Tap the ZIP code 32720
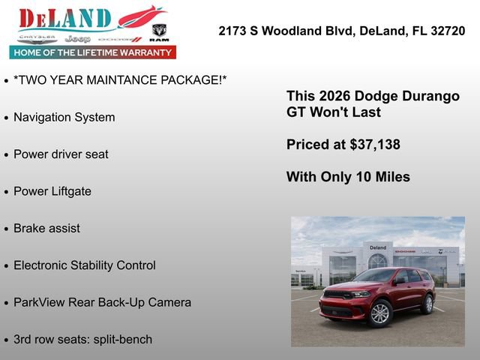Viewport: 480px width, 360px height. pyautogui.click(x=444, y=31)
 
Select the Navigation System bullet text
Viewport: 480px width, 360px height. pyautogui.click(x=64, y=118)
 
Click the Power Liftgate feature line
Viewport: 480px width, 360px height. pyautogui.click(x=52, y=191)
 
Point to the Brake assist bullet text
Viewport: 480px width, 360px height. pyautogui.click(x=46, y=228)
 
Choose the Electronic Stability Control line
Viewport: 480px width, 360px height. pyautogui.click(x=85, y=265)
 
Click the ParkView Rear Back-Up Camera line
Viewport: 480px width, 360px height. pyautogui.click(x=102, y=302)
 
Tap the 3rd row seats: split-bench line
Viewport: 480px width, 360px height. pyautogui.click(x=82, y=339)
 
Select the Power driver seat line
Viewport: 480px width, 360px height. pyautogui.click(x=61, y=154)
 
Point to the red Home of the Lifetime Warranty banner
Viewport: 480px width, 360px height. pyautogui.click(x=93, y=52)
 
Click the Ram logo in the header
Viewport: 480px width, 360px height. pyautogui.click(x=159, y=32)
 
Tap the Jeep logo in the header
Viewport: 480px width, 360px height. pyautogui.click(x=77, y=38)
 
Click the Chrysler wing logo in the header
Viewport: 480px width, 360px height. pyautogui.click(x=37, y=37)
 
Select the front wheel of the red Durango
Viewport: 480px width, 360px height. pyautogui.click(x=380, y=313)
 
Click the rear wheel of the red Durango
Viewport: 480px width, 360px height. pyautogui.click(x=427, y=304)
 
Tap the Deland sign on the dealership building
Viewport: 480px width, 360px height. pyautogui.click(x=377, y=247)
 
